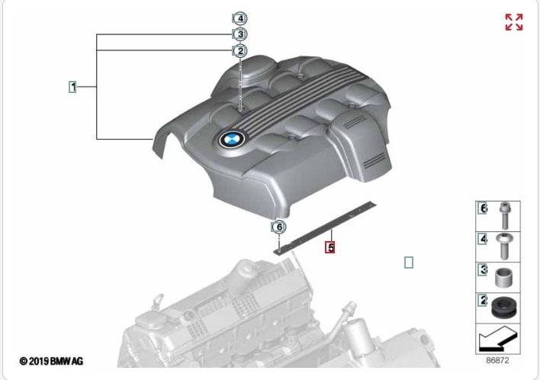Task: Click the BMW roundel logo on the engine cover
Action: tap(232, 139)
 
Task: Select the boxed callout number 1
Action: tap(72, 87)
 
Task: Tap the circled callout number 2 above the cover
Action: tap(240, 51)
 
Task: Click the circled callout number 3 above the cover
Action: tap(240, 34)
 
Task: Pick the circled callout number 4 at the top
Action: tap(240, 18)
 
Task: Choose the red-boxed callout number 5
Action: tap(330, 247)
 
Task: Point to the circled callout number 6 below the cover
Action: tap(279, 227)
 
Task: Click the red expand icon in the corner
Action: tap(514, 22)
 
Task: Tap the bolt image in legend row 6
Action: tap(504, 216)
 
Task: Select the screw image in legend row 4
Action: tap(503, 246)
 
